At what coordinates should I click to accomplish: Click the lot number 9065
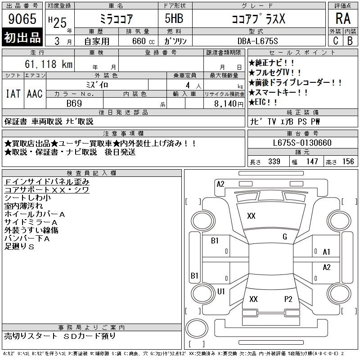[22, 19]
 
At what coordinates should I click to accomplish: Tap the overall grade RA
[343, 18]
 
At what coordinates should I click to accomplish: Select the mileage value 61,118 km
[49, 64]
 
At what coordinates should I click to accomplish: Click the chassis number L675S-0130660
[302, 143]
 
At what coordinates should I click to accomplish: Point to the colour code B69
[74, 103]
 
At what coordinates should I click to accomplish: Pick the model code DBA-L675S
[257, 41]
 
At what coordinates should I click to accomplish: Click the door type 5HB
[174, 18]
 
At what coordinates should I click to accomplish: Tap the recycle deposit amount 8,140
[225, 104]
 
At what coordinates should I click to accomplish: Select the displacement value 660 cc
[143, 41]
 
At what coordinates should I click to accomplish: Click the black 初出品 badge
[22, 37]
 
